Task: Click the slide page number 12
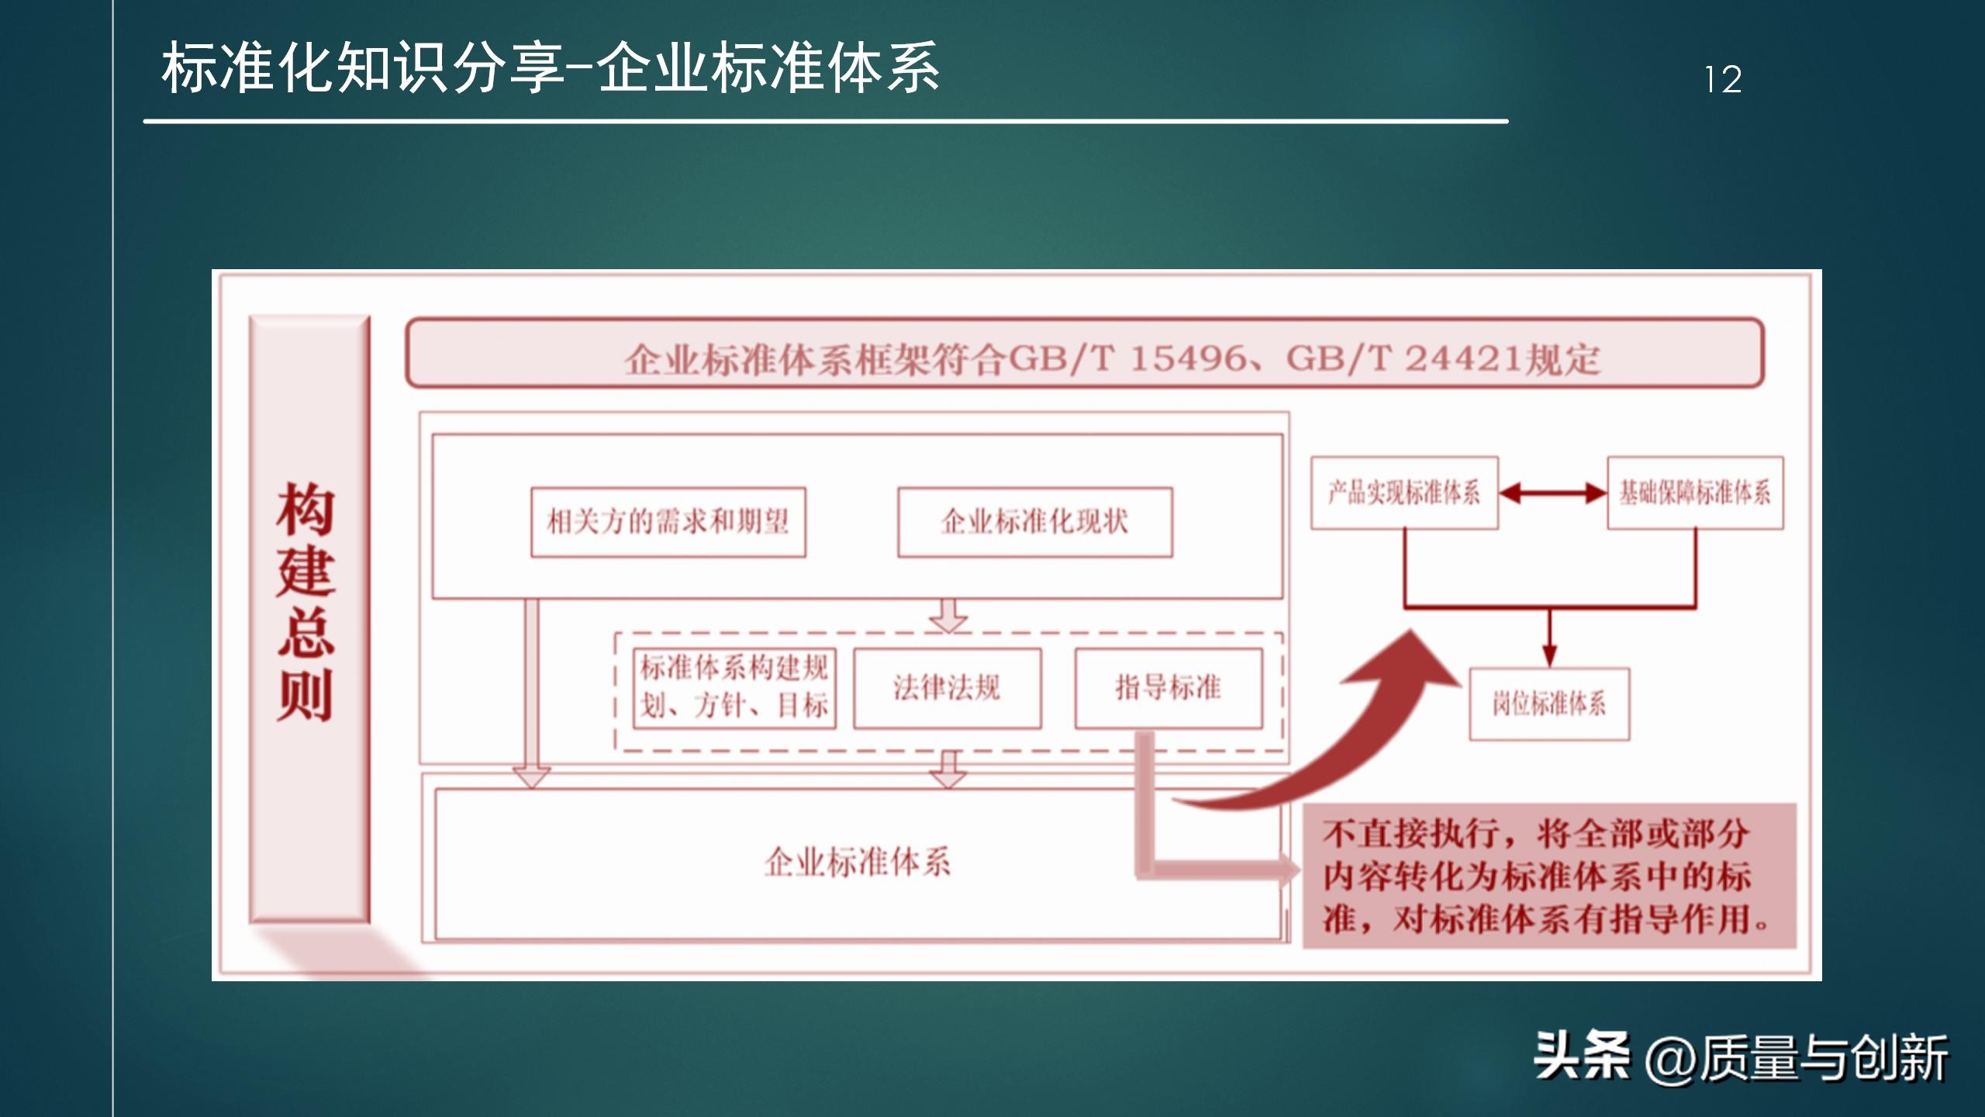point(1723,80)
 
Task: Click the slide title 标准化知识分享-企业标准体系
point(551,69)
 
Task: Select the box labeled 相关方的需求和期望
point(668,522)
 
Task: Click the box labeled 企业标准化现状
point(1034,522)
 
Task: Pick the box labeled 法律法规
point(947,688)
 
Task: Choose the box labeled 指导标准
point(1168,688)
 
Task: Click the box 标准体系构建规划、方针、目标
point(734,688)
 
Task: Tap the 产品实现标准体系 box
point(1404,493)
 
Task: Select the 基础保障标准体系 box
point(1695,493)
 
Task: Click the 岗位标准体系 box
point(1549,704)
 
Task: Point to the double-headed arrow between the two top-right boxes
point(1552,493)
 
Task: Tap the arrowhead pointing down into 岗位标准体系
point(1549,656)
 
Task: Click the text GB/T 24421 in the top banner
point(1403,359)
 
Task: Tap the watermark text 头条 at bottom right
point(1582,1056)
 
